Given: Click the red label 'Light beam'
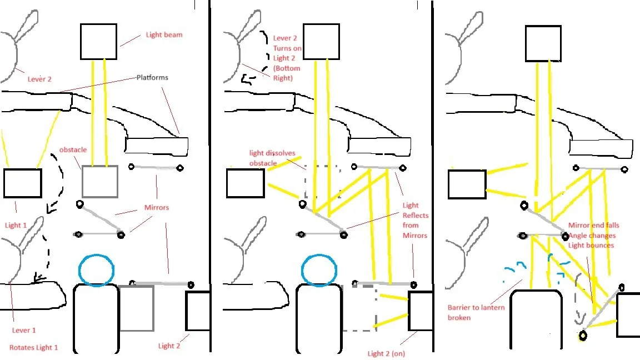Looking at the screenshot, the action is coord(164,35).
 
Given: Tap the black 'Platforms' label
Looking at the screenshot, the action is coord(152,78).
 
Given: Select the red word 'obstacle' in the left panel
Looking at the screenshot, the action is coord(73,151).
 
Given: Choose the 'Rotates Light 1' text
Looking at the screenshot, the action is coord(33,348).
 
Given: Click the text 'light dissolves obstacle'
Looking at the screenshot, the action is coord(272,158).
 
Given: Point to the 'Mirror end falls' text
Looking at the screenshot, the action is coord(593,226).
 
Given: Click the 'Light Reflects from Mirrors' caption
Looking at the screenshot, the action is coord(415,221).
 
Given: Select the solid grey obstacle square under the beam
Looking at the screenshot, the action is coord(100,181).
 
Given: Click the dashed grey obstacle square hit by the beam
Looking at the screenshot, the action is coord(323,181).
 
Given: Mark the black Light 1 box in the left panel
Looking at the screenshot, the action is coord(23,183).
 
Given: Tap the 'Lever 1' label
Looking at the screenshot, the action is coord(24,330).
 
